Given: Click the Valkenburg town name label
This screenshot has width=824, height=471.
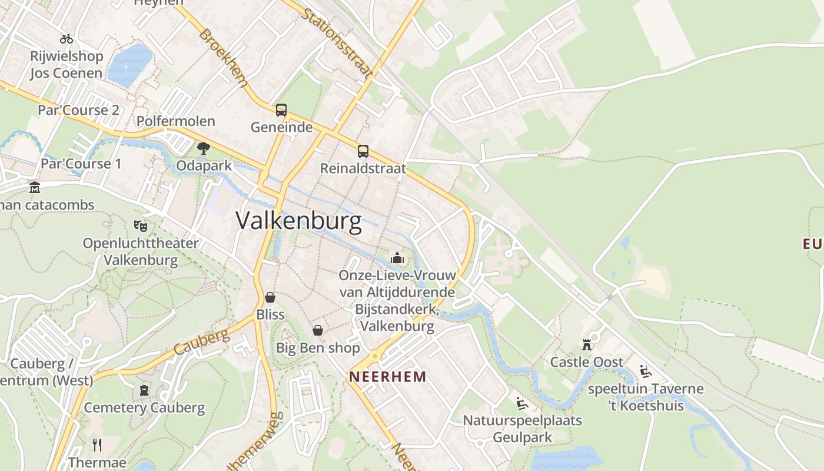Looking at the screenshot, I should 298,221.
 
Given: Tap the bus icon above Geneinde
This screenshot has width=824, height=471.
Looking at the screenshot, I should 281,110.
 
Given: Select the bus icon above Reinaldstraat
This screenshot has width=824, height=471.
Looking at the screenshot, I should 363,151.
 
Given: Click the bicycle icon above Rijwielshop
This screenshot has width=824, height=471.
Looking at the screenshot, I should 67,39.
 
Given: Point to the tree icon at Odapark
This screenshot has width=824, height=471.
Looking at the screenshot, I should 204,148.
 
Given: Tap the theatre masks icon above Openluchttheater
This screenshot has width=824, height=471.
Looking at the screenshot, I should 140,225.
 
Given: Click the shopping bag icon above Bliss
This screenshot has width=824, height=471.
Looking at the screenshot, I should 270,297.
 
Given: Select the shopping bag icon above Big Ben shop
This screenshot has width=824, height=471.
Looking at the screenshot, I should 318,330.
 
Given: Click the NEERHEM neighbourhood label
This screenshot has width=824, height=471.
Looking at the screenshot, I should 388,377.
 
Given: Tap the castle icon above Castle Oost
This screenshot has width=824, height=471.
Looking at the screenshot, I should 586,344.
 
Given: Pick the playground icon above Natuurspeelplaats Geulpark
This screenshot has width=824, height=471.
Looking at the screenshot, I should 521,403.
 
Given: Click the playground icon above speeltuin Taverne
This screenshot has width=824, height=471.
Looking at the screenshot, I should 646,372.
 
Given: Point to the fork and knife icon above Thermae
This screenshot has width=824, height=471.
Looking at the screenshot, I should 97,445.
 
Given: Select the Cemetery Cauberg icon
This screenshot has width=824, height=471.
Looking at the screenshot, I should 144,390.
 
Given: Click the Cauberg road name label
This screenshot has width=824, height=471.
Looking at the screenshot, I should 202,343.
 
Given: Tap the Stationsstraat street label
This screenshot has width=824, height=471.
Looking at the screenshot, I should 337,42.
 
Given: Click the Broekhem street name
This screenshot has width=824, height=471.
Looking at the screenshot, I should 224,58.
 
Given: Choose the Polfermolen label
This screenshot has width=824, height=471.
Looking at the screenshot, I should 175,121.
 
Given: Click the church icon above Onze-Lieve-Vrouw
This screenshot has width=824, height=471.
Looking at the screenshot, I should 397,258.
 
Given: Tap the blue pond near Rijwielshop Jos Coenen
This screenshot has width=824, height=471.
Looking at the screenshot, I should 129,65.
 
